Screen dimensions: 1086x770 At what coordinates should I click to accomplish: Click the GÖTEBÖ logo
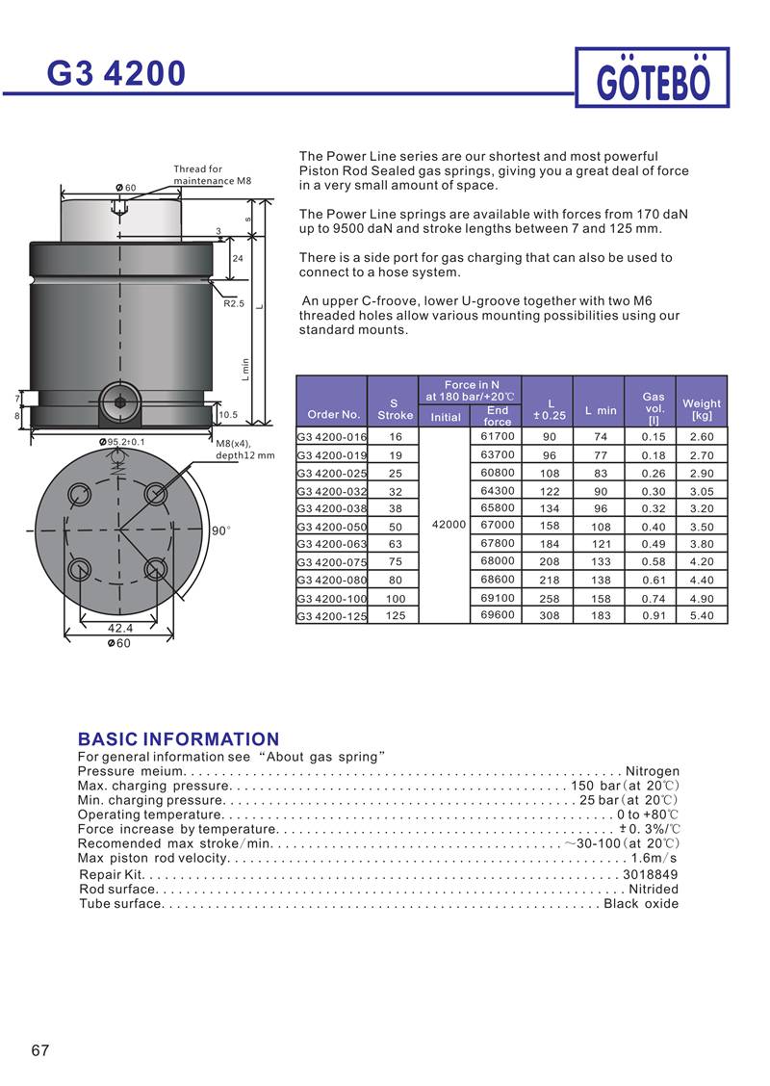(653, 79)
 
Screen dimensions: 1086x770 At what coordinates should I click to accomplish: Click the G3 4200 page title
(116, 73)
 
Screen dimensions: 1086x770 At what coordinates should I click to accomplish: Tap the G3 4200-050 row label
(331, 527)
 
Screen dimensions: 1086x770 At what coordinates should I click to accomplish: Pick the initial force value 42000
(449, 525)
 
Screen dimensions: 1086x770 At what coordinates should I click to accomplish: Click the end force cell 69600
(498, 614)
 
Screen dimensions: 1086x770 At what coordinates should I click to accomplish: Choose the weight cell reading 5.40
(702, 615)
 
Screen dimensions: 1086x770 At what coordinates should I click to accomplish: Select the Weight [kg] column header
(702, 409)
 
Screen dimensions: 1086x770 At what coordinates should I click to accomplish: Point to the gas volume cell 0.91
(654, 615)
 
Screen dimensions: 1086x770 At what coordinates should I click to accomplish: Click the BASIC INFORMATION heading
(178, 739)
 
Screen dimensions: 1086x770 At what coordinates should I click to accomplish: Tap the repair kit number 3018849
(651, 874)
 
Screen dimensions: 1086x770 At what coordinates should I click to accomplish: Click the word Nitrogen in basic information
(653, 771)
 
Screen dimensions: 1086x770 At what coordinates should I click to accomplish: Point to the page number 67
(39, 1049)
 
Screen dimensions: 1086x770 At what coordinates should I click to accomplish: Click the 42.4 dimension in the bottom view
(119, 628)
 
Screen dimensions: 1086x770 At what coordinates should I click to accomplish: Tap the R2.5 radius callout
(234, 303)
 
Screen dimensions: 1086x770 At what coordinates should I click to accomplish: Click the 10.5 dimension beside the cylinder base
(229, 415)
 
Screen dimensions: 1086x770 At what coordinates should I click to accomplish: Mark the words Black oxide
(641, 903)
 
